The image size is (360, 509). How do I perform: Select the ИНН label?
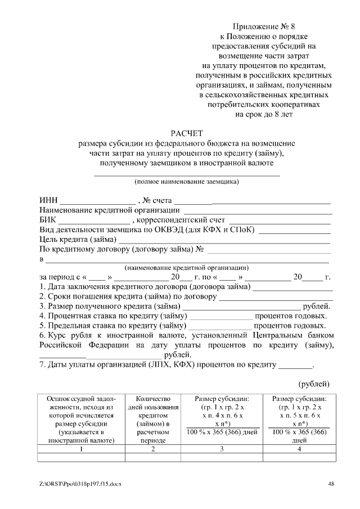pos(48,200)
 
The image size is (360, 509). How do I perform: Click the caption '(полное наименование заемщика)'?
pos(186,181)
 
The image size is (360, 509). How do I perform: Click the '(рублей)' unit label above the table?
pos(313,384)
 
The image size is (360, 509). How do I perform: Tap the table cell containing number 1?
pos(81,449)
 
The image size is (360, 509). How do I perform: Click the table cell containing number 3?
pos(222,449)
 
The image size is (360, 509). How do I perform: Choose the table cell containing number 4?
pos(299,449)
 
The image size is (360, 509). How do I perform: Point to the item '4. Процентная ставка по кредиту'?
pos(112,316)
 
